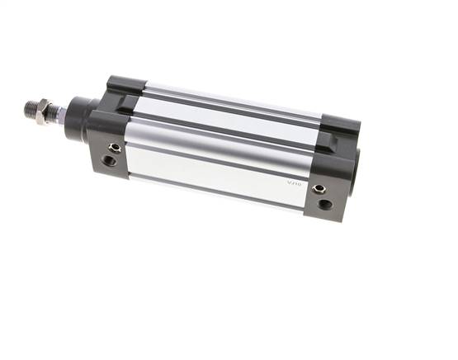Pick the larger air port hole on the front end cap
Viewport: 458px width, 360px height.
(110, 161)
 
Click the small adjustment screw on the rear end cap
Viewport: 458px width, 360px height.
(319, 189)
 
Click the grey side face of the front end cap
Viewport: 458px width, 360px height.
(106, 153)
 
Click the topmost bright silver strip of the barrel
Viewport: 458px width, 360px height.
(231, 98)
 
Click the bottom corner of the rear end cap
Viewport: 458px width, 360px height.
(331, 219)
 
